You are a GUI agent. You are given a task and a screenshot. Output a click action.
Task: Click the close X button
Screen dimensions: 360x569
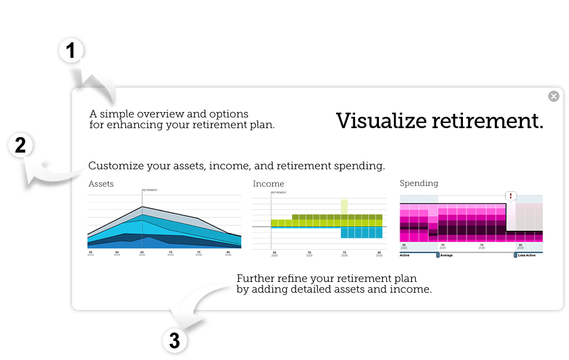coord(554,96)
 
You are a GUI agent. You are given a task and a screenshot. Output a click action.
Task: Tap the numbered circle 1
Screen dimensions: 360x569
coord(71,52)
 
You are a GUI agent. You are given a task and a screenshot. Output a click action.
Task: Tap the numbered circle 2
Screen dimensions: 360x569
coord(20,145)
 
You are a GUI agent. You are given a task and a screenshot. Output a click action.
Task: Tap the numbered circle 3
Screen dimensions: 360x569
coord(174,340)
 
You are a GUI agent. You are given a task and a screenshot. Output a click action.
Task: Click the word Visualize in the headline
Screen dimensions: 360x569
coord(381,121)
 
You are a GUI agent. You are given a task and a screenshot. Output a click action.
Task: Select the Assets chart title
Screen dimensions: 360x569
coord(101,184)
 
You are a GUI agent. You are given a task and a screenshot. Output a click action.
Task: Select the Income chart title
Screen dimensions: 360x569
coord(268,184)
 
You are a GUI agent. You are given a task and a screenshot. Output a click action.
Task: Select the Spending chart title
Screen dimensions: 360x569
coord(419,183)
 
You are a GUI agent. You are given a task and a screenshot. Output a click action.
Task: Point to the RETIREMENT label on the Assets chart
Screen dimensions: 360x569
coord(150,190)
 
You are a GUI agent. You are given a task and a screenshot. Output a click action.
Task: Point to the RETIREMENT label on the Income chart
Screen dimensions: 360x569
coord(279,193)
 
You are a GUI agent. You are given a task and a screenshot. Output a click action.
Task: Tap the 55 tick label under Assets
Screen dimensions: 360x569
coord(91,253)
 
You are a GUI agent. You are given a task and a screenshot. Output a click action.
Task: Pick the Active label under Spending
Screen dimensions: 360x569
coord(405,255)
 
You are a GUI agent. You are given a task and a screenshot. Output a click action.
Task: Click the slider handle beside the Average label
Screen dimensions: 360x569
coord(437,255)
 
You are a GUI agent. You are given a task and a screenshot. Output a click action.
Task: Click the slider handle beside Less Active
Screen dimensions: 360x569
coord(516,255)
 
